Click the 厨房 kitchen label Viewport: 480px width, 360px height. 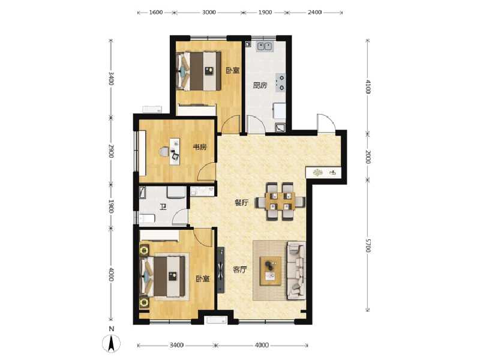coord(259,85)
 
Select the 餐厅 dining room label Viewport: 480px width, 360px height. coord(241,203)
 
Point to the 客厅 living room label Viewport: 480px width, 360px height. coord(240,269)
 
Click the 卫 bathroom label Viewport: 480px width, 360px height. coord(163,208)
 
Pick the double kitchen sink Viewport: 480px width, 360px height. coord(264,46)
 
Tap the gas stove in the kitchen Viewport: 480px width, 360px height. coord(280,82)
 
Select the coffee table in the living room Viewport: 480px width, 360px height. coord(271,269)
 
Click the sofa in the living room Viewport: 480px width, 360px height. coord(296,270)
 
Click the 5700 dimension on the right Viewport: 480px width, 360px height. coord(368,245)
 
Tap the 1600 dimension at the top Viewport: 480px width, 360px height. coord(156,12)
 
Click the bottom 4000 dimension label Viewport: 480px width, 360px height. coord(262,346)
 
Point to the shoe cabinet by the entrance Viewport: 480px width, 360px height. coord(324,173)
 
